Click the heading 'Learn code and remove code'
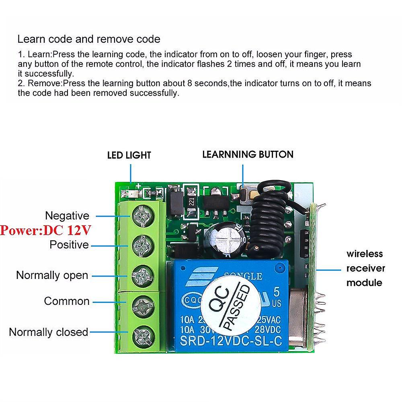89,39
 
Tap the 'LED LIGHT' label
129,155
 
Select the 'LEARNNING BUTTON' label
248,154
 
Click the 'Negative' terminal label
67,216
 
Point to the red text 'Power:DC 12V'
45,231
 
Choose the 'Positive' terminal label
69,244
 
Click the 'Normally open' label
52,275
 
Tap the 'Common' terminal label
67,301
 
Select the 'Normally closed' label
48,332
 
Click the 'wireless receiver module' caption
365,268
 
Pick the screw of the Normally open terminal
142,275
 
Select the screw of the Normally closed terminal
142,334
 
